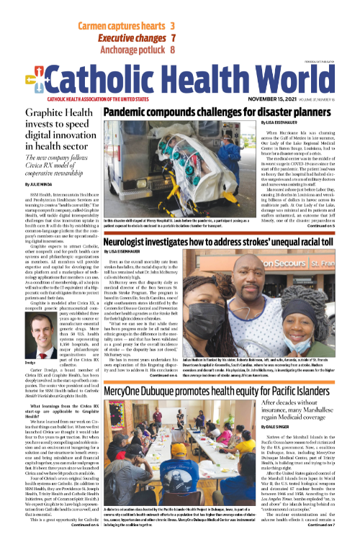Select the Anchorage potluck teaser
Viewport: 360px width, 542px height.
(133, 50)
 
